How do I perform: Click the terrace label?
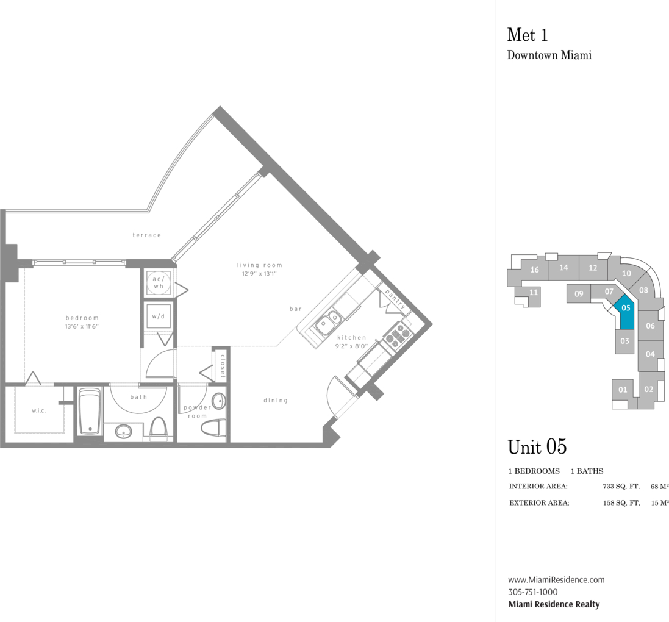(x=147, y=235)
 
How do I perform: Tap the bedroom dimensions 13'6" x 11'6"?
(x=82, y=326)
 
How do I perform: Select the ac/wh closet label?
(x=159, y=282)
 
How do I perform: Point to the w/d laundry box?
(x=159, y=316)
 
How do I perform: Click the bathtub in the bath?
(x=90, y=412)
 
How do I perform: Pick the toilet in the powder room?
(x=213, y=428)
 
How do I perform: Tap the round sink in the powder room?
(x=219, y=401)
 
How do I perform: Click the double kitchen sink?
(x=328, y=322)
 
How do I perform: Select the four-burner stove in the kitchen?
(x=397, y=334)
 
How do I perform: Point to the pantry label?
(x=395, y=299)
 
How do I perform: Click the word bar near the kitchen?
(x=296, y=309)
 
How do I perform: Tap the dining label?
(x=276, y=400)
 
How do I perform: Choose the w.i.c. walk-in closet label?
(x=38, y=410)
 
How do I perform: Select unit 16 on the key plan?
(x=535, y=270)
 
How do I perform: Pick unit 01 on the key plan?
(x=623, y=390)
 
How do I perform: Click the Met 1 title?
(x=528, y=35)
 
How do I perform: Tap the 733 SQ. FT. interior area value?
(x=621, y=487)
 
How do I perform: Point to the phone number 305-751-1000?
(x=533, y=592)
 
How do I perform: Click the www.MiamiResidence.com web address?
(x=556, y=580)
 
